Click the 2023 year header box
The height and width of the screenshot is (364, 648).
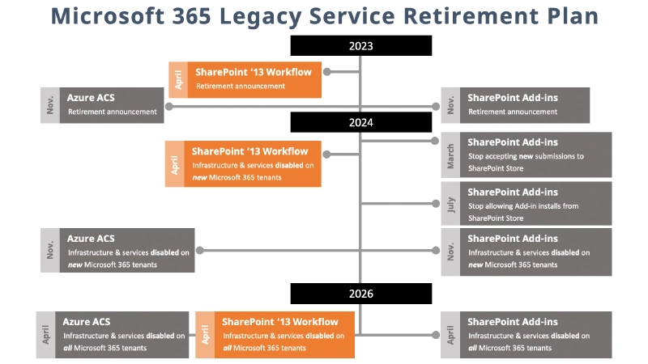(x=360, y=46)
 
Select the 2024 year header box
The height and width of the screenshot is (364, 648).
(x=360, y=122)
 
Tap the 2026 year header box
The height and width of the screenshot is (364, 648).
(x=360, y=294)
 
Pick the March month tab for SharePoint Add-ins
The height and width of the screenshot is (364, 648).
(x=450, y=155)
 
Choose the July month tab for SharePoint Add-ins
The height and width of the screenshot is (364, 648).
(x=450, y=203)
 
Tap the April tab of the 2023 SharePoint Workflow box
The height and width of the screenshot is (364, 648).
(x=178, y=79)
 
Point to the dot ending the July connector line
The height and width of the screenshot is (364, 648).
(x=436, y=203)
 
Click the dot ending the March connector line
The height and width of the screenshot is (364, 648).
(x=436, y=141)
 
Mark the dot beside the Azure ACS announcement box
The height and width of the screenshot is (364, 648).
(x=168, y=106)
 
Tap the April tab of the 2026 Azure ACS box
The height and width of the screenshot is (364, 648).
(x=45, y=334)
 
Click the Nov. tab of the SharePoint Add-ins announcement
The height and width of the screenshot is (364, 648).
(x=450, y=105)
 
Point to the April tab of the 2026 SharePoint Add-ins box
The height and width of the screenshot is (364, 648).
(x=450, y=334)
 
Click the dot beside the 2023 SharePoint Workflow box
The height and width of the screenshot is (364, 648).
(x=328, y=72)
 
